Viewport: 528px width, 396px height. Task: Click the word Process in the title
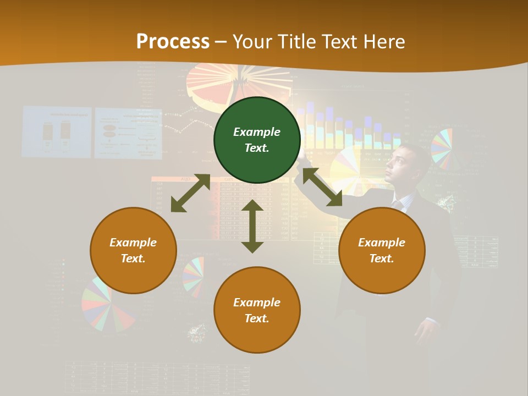173,41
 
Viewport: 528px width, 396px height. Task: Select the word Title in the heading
294,41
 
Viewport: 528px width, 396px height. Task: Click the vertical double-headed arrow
252,226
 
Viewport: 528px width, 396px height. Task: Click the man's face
399,164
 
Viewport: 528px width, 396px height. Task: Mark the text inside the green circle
257,140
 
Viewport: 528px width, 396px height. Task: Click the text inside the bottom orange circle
257,310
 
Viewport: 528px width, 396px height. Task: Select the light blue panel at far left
56,132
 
